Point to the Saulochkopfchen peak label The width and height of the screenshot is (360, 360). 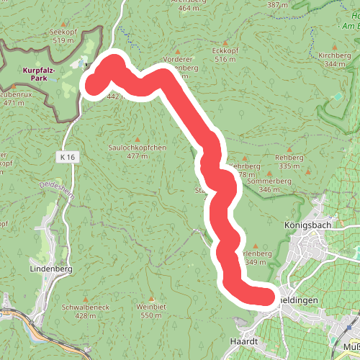(x=137, y=147)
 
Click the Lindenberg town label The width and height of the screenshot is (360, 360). (x=52, y=269)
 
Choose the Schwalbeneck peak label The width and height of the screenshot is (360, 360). (x=85, y=307)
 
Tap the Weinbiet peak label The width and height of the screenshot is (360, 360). (x=151, y=307)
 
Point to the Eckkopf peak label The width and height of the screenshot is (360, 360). (x=225, y=51)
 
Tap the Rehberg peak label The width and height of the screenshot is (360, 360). (x=288, y=158)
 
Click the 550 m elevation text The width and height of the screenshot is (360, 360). (x=151, y=315)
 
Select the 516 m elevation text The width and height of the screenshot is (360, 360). (x=225, y=60)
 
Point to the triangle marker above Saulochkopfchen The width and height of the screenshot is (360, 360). (x=137, y=139)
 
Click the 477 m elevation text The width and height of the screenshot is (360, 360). (x=137, y=156)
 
